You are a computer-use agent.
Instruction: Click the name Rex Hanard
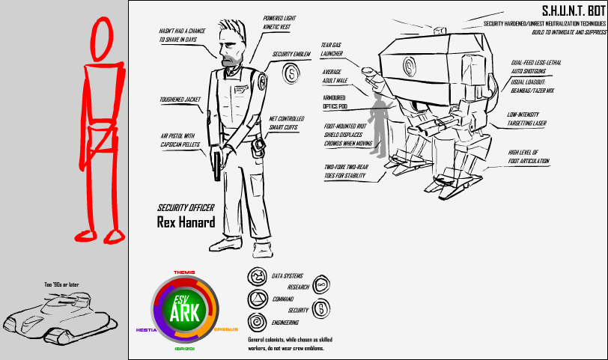click(x=185, y=222)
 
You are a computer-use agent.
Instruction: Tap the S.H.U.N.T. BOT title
click(x=571, y=12)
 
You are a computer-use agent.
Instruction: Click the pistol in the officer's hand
click(x=216, y=162)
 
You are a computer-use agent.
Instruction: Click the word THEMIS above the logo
click(x=184, y=272)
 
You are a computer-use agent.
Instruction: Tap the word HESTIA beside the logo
click(x=146, y=329)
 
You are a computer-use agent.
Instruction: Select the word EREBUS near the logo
click(x=225, y=329)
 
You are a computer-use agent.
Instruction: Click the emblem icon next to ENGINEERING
click(x=256, y=323)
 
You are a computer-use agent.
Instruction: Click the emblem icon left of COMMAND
click(x=256, y=299)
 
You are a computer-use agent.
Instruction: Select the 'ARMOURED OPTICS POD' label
click(x=338, y=102)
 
